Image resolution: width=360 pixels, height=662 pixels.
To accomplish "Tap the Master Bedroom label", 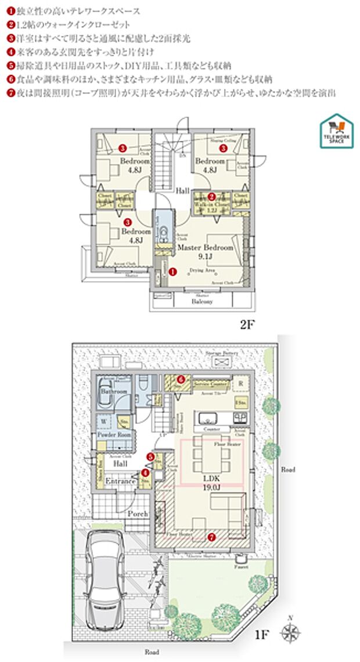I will [x=205, y=247].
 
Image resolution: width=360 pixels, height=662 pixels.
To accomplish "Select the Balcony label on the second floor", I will [x=202, y=301].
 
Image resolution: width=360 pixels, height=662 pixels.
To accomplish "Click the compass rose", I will [x=291, y=632].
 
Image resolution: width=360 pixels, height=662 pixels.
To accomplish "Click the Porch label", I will [x=138, y=514].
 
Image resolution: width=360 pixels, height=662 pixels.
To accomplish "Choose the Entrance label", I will [x=120, y=481].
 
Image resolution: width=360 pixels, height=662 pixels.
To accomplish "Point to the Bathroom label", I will [x=114, y=392].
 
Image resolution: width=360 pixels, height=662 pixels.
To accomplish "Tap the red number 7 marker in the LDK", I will [x=211, y=537].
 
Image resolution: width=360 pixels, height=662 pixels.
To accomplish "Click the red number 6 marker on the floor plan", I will [x=181, y=379].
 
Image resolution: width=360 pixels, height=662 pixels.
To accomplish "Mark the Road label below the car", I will [x=152, y=652].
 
